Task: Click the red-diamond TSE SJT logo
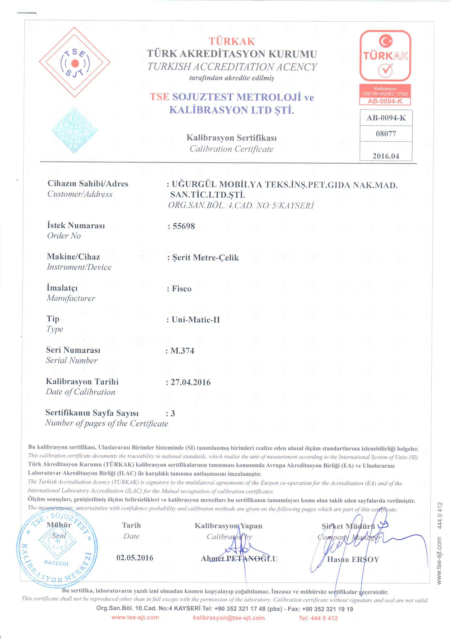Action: [75, 62]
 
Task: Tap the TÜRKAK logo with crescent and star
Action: [385, 56]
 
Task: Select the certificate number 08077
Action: [386, 134]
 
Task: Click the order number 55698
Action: [183, 226]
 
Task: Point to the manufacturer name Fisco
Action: [181, 289]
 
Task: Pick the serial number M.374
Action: [182, 351]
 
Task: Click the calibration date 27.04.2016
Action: [190, 382]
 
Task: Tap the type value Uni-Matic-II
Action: [196, 320]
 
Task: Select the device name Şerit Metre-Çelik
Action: [205, 258]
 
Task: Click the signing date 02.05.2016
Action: [135, 558]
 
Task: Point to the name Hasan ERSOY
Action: [353, 560]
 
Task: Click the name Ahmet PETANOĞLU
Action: [239, 559]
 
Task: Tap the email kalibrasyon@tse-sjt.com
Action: [229, 618]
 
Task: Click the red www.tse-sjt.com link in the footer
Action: [135, 617]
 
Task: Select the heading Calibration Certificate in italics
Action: [231, 149]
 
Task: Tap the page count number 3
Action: [173, 413]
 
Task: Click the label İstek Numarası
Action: [76, 225]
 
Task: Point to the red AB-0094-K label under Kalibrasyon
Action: [385, 101]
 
